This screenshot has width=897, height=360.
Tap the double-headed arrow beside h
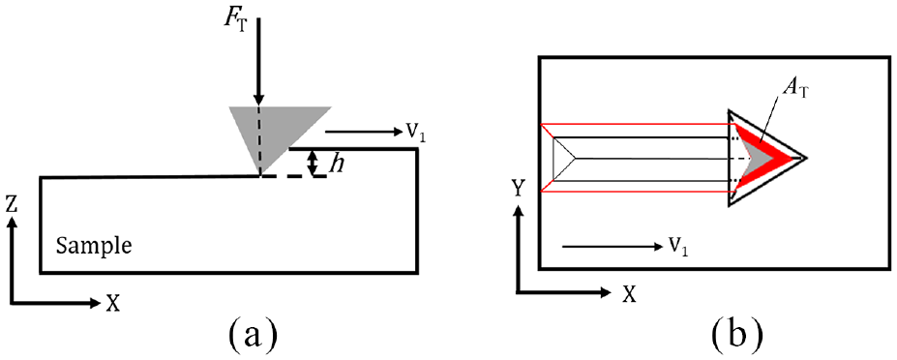click(313, 163)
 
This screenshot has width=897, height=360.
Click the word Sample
click(95, 247)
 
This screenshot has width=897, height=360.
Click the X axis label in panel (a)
click(113, 303)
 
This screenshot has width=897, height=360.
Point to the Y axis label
click(518, 188)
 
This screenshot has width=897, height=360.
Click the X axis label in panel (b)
click(629, 293)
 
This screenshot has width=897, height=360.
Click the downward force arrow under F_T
click(258, 62)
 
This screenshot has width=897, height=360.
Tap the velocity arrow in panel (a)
click(363, 132)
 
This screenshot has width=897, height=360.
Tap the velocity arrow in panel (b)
click(611, 247)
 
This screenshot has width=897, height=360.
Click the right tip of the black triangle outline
click(806, 157)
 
